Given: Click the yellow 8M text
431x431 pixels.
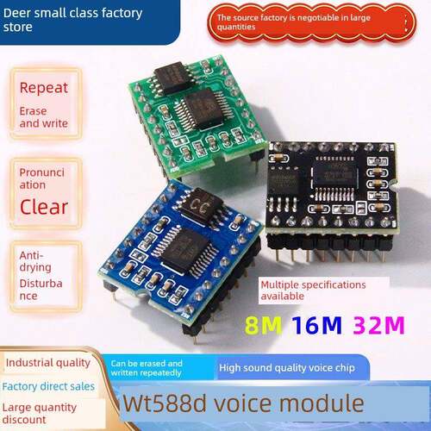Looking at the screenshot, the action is coord(263,325).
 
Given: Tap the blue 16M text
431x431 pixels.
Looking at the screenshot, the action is coord(316,325).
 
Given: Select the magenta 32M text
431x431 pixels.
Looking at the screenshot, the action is coord(378,325).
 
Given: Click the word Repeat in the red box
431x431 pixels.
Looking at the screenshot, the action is coord(44,88).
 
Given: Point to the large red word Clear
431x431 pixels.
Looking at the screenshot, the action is coord(44,207).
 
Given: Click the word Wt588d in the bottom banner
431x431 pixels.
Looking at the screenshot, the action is coord(166,403).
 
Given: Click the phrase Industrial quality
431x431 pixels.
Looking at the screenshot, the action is coord(48,363).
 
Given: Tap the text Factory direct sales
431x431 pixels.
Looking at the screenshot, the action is coord(48,386).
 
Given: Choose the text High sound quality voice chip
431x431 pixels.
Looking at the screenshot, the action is coord(287,368).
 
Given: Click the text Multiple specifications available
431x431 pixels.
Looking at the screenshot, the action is coord(313,290).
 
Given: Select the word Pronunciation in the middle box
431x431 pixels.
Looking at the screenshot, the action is coord(42,178).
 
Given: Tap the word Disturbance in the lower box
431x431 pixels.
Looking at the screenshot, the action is coord(41,290).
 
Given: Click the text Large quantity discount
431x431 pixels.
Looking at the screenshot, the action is coord(40,414).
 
